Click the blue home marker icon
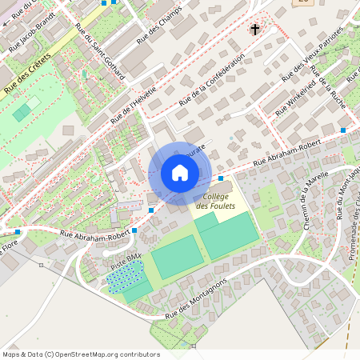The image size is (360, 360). pyautogui.click(x=180, y=173)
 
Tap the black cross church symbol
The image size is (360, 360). pyautogui.click(x=255, y=30)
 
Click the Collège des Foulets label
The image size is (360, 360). pyautogui.click(x=215, y=202)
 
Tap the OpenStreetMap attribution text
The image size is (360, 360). pyautogui.click(x=80, y=354)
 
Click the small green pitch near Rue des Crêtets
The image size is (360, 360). pyautogui.click(x=26, y=110)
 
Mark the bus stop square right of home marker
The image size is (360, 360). pyautogui.click(x=220, y=178)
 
